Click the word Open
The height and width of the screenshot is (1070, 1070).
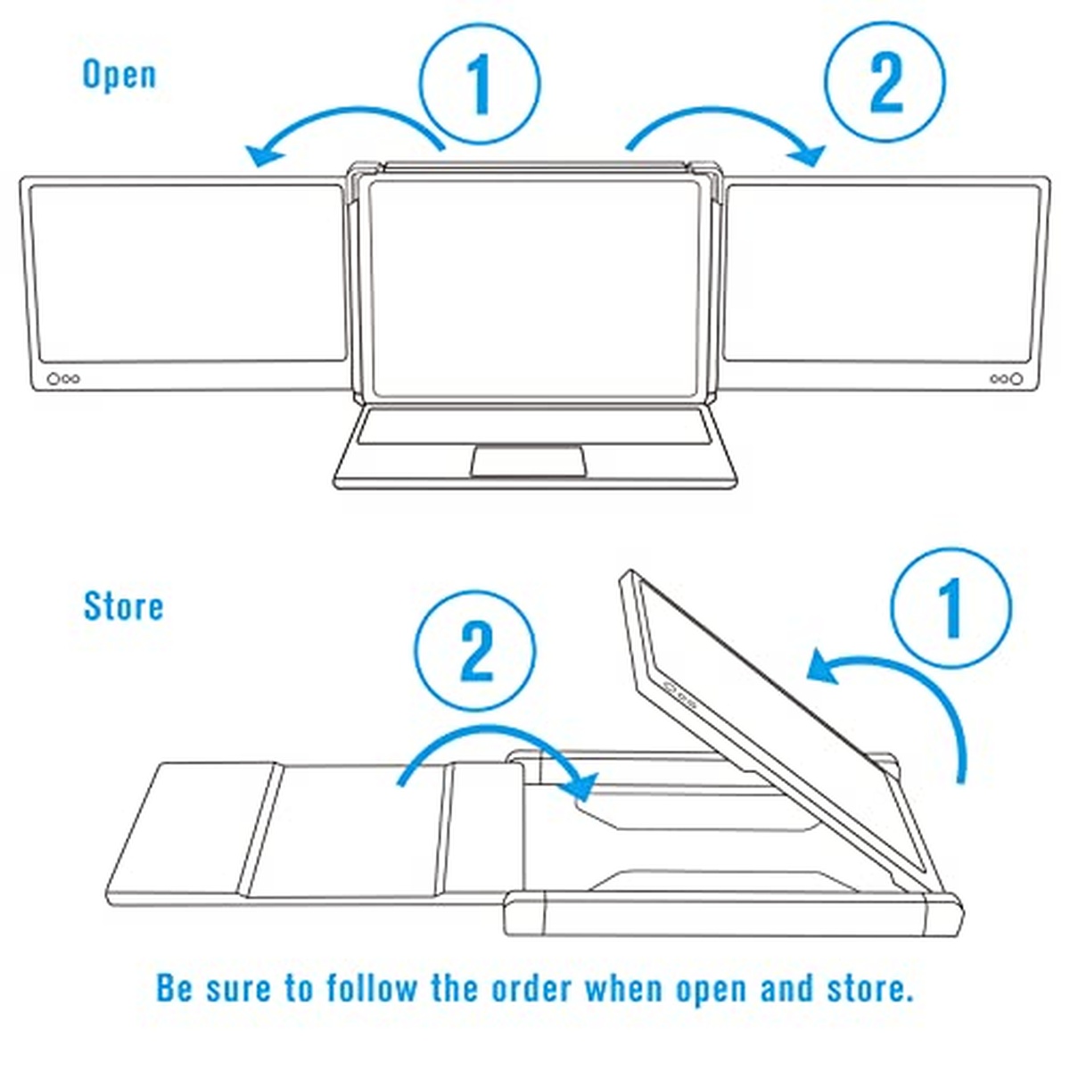tap(119, 76)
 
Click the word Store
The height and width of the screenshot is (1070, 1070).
tap(124, 605)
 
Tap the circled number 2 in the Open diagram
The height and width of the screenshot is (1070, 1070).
tap(884, 81)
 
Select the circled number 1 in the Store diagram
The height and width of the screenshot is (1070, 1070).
tap(951, 608)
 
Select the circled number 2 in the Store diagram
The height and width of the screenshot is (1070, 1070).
tap(475, 651)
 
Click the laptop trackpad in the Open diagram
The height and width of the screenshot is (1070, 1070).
tap(528, 460)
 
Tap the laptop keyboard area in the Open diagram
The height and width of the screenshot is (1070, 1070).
tap(534, 426)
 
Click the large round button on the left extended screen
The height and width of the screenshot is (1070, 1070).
tap(53, 379)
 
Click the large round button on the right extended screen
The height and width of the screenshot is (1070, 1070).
tap(1016, 379)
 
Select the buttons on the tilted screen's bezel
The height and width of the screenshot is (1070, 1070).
tap(679, 694)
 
